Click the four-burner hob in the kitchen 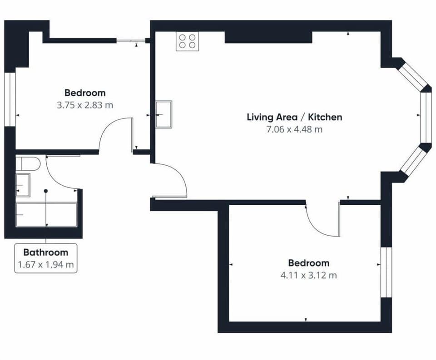(188, 41)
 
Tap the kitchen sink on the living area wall (163, 114)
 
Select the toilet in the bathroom (28, 164)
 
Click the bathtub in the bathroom (46, 215)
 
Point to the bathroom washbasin (23, 185)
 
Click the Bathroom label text (45, 252)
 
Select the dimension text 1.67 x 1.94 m (45, 264)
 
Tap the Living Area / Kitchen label (294, 117)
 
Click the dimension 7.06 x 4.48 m (294, 129)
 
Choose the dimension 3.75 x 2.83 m (85, 105)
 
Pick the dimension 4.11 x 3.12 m (309, 275)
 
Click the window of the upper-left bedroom (10, 99)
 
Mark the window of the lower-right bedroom (386, 272)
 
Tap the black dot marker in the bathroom (46, 191)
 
